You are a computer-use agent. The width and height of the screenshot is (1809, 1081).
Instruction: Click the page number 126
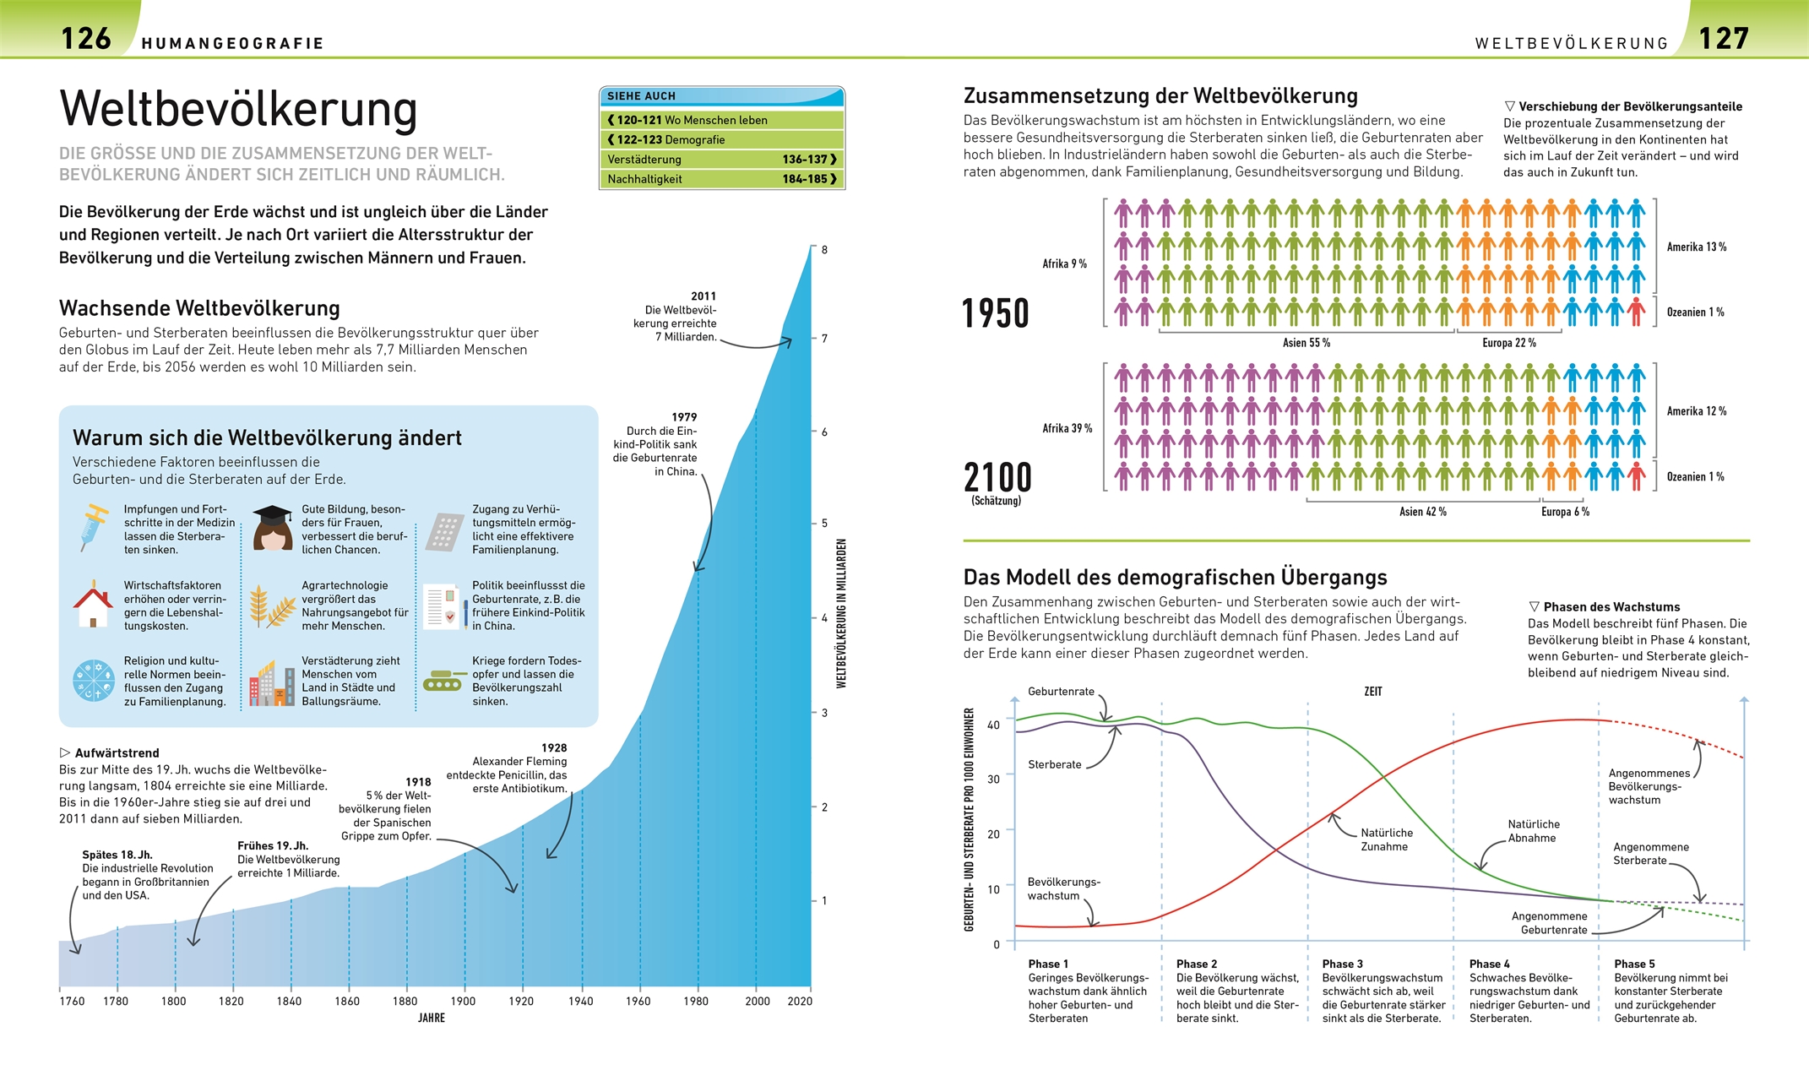[86, 38]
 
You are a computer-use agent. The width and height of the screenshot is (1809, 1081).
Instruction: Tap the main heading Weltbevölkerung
[238, 109]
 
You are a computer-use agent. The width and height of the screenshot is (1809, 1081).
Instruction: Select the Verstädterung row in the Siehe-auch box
[721, 159]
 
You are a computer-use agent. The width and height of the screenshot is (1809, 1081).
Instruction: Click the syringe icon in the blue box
[94, 527]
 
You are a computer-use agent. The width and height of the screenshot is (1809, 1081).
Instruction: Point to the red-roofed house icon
[93, 604]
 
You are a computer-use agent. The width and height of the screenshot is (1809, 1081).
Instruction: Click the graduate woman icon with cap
[272, 528]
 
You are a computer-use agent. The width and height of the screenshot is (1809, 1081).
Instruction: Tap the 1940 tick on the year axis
[581, 1002]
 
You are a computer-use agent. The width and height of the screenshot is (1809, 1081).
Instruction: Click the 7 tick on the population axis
[824, 339]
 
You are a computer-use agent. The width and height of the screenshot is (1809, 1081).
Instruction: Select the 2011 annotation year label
[703, 296]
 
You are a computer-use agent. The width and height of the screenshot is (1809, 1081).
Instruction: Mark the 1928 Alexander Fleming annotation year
[554, 748]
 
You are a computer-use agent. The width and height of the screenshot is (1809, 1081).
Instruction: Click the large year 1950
[996, 313]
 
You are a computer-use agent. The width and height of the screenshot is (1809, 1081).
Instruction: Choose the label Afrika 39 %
[1067, 428]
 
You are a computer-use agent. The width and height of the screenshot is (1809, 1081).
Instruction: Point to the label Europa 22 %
[1508, 343]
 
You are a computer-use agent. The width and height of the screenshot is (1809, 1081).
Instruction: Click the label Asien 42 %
[1422, 512]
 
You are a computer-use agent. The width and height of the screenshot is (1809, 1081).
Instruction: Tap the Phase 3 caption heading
[1342, 964]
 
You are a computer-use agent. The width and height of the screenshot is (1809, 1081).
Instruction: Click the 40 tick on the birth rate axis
[993, 725]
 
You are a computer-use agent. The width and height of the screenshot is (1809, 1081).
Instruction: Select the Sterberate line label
[1054, 764]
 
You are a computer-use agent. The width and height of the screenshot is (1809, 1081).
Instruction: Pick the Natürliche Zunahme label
[1386, 839]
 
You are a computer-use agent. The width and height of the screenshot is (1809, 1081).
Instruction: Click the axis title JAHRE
[431, 1019]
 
